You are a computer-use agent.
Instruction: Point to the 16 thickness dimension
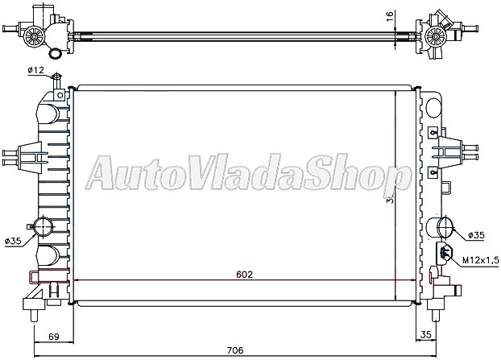click(389, 15)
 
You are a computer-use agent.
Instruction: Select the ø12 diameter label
click(36, 71)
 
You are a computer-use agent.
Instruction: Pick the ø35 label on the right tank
click(476, 235)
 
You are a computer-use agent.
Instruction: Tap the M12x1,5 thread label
click(481, 260)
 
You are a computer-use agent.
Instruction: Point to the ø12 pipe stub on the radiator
click(56, 81)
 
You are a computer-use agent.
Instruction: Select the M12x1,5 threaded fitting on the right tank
click(444, 254)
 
